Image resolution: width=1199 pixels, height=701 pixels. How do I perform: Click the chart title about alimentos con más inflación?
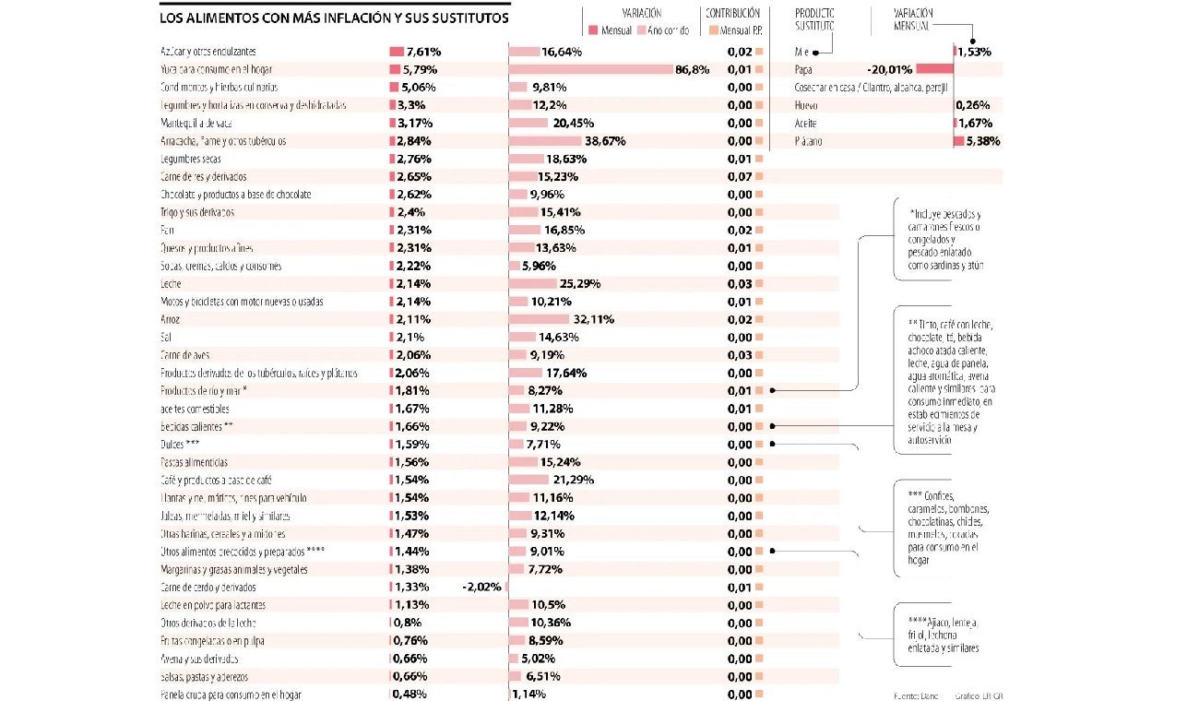point(334,18)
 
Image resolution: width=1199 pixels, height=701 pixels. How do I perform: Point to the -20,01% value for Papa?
point(889,69)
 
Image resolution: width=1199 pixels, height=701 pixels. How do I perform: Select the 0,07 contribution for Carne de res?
point(739,176)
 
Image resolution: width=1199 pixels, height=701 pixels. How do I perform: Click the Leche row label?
point(172,284)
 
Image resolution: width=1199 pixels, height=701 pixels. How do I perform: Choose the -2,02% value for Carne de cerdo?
point(481,587)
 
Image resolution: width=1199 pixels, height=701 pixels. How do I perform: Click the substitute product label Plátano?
point(808,141)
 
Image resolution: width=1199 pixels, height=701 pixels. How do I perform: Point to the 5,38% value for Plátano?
point(982,141)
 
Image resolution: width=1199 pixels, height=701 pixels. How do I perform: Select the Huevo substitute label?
point(806,105)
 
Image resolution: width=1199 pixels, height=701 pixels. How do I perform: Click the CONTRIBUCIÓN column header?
point(732,14)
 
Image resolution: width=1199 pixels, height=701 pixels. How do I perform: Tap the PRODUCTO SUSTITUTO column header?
point(814,19)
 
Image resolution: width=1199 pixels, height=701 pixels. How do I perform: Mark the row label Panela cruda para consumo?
point(231,695)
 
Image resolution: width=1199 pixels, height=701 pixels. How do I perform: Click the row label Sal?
point(166,338)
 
